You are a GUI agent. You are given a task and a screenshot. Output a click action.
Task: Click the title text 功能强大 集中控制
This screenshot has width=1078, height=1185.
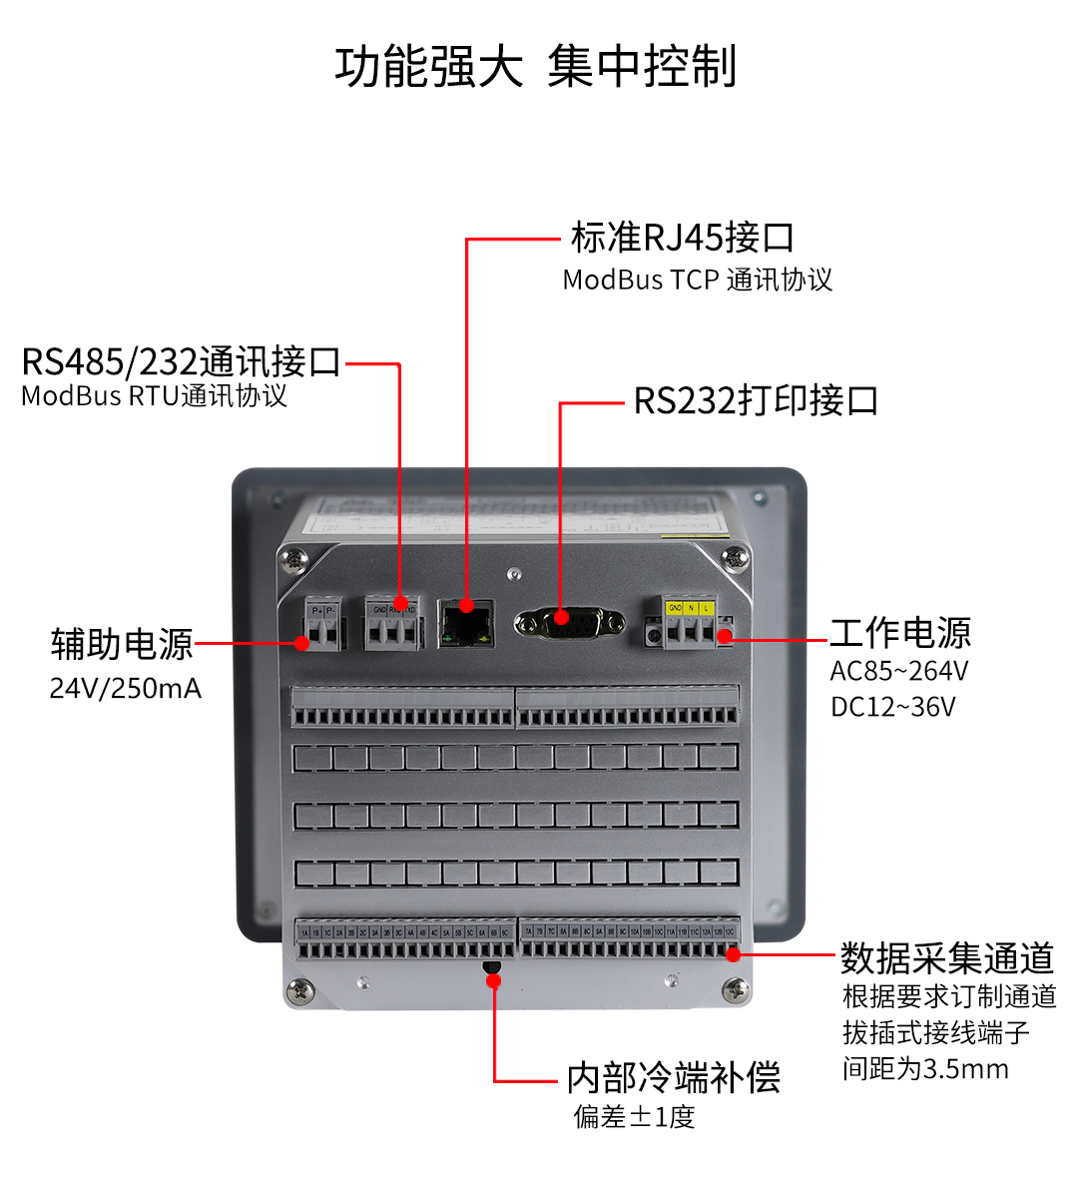pyautogui.click(x=536, y=67)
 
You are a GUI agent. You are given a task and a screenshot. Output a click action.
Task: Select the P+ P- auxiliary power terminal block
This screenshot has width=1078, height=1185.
pyautogui.click(x=324, y=626)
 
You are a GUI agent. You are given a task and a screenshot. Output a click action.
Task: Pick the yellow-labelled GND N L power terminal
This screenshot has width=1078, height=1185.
pyautogui.click(x=691, y=623)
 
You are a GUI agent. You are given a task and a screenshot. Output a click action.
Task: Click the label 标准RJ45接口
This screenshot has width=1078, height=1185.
pyautogui.click(x=683, y=238)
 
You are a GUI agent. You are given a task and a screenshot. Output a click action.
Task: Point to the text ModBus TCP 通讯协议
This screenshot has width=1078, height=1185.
pyautogui.click(x=697, y=280)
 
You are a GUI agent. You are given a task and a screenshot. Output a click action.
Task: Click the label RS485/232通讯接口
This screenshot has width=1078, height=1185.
pyautogui.click(x=182, y=361)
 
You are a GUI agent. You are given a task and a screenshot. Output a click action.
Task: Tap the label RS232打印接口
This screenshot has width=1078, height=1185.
pyautogui.click(x=756, y=400)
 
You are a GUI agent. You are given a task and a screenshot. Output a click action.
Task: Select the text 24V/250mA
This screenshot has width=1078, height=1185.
pyautogui.click(x=126, y=688)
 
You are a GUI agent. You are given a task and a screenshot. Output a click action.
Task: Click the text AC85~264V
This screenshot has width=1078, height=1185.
pyautogui.click(x=898, y=671)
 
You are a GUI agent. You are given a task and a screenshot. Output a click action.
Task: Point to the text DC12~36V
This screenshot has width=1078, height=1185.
pyautogui.click(x=892, y=707)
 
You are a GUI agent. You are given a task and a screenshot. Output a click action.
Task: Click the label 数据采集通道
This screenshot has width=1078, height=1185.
pyautogui.click(x=946, y=957)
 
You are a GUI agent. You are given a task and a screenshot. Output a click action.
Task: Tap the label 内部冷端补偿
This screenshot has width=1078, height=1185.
pyautogui.click(x=673, y=1077)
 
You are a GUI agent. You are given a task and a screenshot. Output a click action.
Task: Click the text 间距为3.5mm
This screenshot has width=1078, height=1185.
pyautogui.click(x=924, y=1069)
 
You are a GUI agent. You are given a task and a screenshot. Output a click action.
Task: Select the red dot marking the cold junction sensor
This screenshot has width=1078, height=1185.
pyautogui.click(x=493, y=981)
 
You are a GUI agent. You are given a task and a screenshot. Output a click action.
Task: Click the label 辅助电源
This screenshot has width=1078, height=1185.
pyautogui.click(x=122, y=644)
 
